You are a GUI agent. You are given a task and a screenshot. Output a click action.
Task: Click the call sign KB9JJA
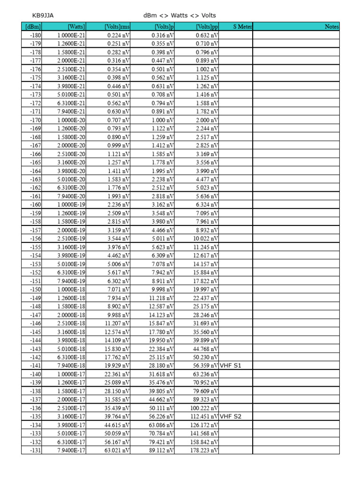[x=43, y=15]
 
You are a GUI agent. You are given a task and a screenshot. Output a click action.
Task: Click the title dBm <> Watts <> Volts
[x=180, y=15]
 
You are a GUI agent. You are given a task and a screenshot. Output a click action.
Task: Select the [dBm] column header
[x=33, y=27]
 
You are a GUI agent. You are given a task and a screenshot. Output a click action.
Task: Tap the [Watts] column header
[x=76, y=27]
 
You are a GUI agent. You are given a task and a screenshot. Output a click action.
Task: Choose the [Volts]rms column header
[x=117, y=27]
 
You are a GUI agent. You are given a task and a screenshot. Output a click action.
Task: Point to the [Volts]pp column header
[x=207, y=27]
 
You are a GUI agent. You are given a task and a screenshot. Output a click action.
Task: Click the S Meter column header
[x=243, y=27]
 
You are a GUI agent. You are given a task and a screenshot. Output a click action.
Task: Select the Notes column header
[x=331, y=27]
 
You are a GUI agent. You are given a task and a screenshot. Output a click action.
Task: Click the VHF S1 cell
[x=231, y=366]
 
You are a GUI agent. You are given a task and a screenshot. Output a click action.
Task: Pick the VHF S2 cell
[x=231, y=416]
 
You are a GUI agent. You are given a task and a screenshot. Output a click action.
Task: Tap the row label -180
[x=35, y=35]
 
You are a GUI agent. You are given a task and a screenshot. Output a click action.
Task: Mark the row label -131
[x=35, y=450]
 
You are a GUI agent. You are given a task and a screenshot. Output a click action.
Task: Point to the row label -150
[x=35, y=289]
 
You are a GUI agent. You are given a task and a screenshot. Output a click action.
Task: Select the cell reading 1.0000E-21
[x=71, y=35]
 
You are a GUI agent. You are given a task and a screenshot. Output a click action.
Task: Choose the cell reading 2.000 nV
[x=207, y=120]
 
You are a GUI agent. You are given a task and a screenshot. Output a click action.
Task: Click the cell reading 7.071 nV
[x=119, y=289]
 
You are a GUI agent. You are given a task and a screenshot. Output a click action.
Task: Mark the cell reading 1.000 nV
[x=163, y=120]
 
